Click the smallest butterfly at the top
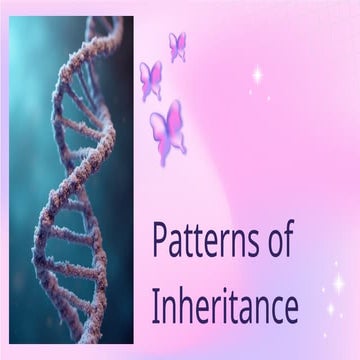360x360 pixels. (x=178, y=45)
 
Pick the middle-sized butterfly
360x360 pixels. (x=151, y=80)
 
